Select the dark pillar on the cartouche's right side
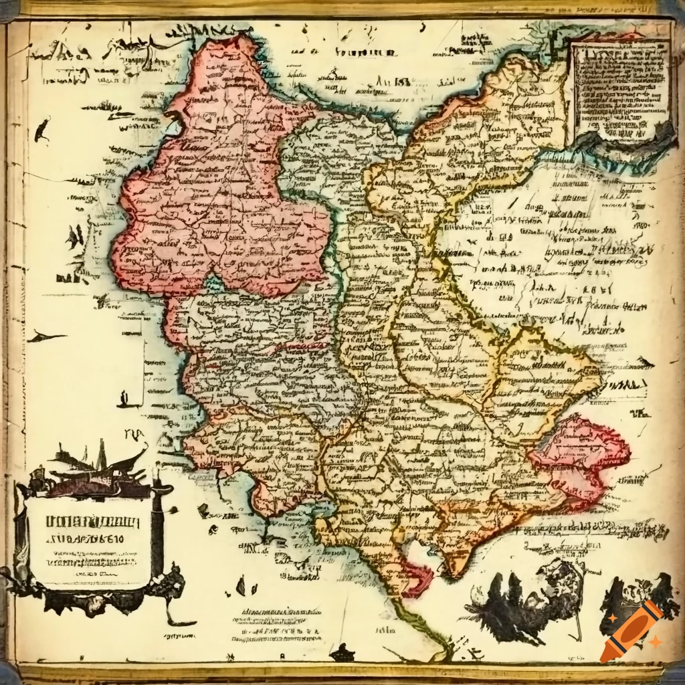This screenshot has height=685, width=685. coord(159,528)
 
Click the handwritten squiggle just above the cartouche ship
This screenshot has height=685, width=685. coord(137,437)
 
